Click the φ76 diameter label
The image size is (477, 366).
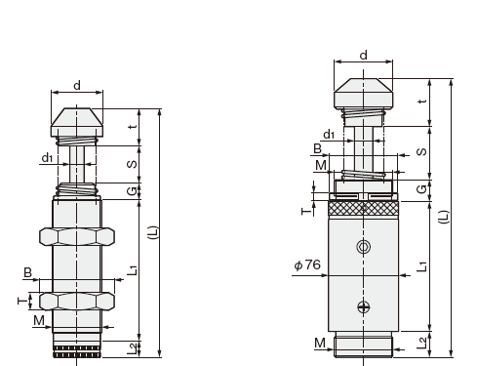tap(307, 264)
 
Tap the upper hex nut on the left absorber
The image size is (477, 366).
tap(77, 236)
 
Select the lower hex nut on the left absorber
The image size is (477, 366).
tap(77, 301)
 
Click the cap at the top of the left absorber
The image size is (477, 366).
tap(77, 123)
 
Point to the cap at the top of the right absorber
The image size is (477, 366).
tap(364, 94)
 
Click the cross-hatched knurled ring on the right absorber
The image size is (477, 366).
tap(364, 209)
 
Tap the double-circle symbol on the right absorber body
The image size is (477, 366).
tap(364, 247)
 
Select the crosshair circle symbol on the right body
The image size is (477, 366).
tap(364, 306)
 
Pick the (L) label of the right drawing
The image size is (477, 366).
tap(444, 217)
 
